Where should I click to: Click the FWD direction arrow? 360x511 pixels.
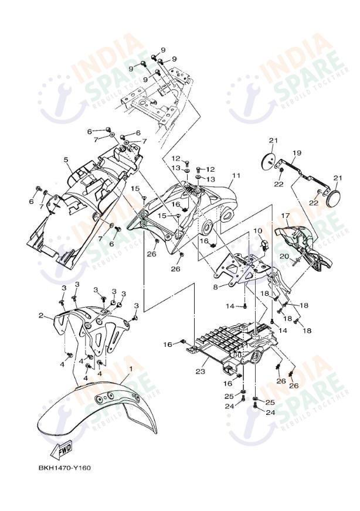(x=61, y=449)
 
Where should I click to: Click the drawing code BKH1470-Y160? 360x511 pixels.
(x=64, y=468)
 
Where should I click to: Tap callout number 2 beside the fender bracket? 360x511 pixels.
(x=42, y=316)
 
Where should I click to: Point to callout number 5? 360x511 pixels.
(x=66, y=159)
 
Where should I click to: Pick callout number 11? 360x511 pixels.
(x=236, y=176)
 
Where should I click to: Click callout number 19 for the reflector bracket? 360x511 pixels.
(x=297, y=153)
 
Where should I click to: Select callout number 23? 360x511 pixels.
(x=199, y=371)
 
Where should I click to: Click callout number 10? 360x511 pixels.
(x=257, y=231)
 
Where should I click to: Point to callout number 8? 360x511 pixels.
(x=215, y=287)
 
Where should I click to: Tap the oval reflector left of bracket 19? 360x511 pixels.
(x=268, y=160)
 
